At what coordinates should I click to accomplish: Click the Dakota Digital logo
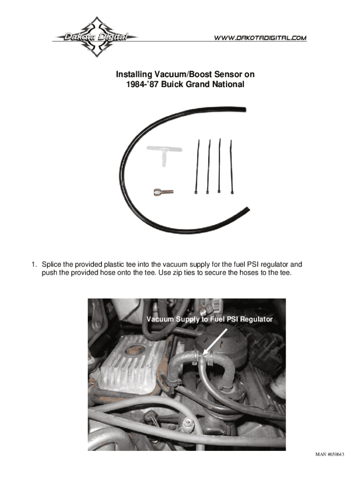pyautogui.click(x=95, y=36)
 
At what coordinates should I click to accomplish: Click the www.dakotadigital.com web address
pyautogui.click(x=260, y=37)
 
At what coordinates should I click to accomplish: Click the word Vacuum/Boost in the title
pyautogui.click(x=180, y=74)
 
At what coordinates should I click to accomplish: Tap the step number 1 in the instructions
pyautogui.click(x=34, y=264)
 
